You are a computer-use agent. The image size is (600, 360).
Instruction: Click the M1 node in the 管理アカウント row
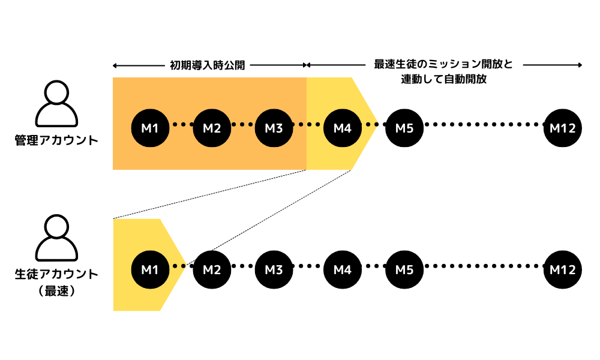point(149,128)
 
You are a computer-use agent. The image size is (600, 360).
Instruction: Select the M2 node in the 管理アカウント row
point(212,128)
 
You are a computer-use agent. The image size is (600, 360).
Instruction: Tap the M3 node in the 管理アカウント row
point(274,128)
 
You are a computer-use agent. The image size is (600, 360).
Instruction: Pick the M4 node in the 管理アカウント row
point(342,128)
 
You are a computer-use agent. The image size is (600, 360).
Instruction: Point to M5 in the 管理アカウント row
point(404,128)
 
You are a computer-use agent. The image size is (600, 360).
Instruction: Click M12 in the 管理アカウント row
point(563,128)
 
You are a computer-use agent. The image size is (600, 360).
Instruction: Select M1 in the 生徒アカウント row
point(149,269)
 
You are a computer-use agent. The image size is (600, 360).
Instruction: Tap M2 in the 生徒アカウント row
point(212,269)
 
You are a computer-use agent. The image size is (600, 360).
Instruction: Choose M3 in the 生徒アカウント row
point(274,269)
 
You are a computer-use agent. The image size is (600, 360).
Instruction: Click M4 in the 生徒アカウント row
point(342,269)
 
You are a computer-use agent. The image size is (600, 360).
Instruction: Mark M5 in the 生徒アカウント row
point(404,269)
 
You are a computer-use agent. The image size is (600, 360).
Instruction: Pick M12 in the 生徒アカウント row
point(563,269)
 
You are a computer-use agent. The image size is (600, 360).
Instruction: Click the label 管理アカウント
point(56,141)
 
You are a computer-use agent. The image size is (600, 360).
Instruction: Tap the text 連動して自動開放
point(443,79)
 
